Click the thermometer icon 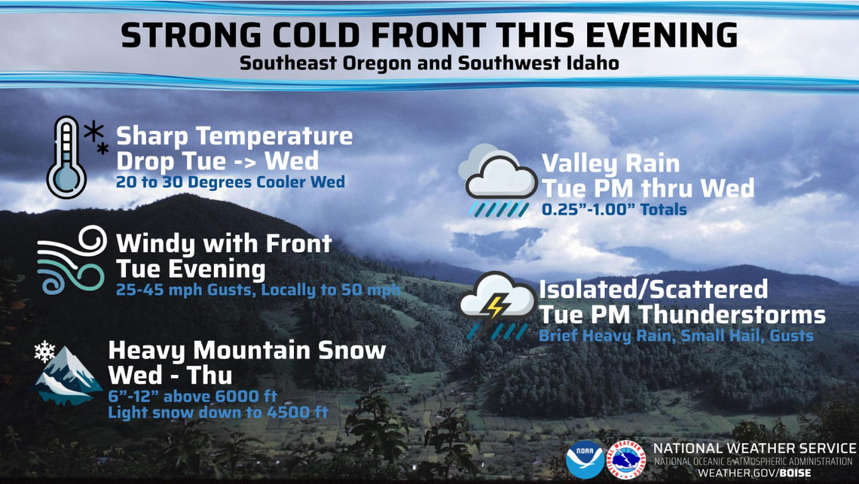coord(66,157)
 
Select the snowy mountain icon coord(69,376)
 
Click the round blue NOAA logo coord(585,458)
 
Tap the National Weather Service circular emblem coord(625,458)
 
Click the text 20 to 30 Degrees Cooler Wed coord(230,182)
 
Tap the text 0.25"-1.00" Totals coord(614,210)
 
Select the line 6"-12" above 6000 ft coord(192,396)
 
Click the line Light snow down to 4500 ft coord(218,412)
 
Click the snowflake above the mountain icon coord(45,352)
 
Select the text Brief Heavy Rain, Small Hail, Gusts coord(676,336)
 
